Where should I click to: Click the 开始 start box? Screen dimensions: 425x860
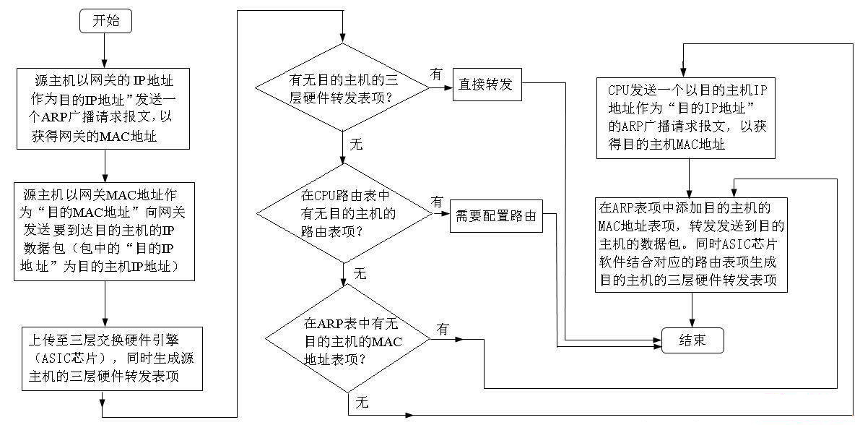105,22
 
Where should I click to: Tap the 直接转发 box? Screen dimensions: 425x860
486,84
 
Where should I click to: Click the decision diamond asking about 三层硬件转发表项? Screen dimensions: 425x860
344,87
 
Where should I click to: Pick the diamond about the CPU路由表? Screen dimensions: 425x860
344,214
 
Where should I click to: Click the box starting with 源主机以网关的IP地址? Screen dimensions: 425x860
104,108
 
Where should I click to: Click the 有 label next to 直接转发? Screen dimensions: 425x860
436,74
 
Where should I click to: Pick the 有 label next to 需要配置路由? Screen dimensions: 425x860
438,202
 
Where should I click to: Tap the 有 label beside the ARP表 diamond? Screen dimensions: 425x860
443,329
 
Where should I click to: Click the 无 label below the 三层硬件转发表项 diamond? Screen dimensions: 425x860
356,144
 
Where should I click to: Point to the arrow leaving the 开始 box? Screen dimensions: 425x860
105,49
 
